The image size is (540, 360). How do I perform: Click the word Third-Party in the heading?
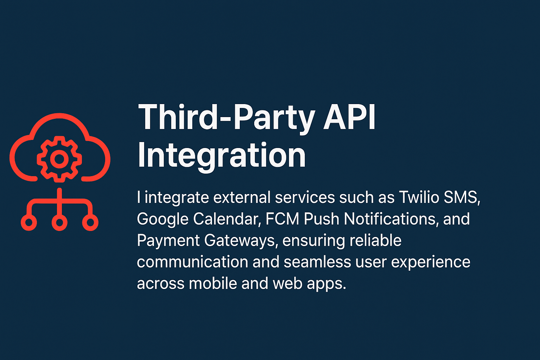tap(226, 118)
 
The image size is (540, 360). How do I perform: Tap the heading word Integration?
tap(221, 156)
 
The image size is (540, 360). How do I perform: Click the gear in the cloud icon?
tap(59, 159)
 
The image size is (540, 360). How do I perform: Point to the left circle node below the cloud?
tap(29, 223)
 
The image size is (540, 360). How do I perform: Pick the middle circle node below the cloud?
tap(59, 223)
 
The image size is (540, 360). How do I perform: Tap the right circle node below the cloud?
tap(90, 223)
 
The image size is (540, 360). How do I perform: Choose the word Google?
tap(162, 219)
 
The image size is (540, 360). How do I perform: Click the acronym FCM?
tap(282, 219)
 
